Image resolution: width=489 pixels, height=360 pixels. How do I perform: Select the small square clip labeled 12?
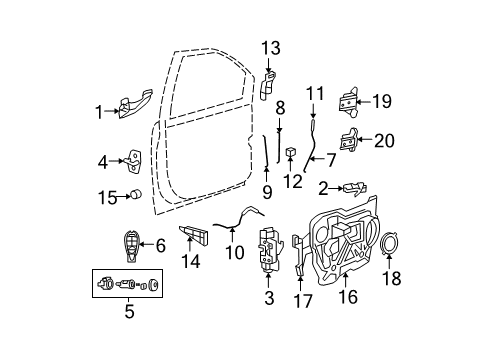[x=288, y=154]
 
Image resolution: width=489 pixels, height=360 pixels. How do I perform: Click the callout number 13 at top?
[x=272, y=49]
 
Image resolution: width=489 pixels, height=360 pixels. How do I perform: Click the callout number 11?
[x=316, y=95]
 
